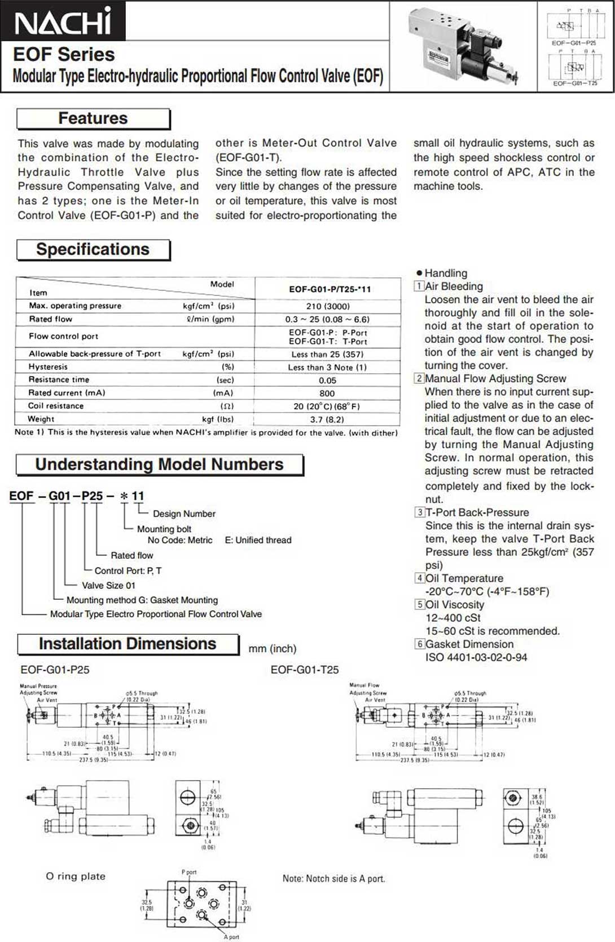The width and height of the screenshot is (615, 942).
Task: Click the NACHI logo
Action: tap(63, 22)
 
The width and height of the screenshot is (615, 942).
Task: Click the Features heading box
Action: tap(93, 118)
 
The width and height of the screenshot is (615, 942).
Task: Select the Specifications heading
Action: tap(93, 250)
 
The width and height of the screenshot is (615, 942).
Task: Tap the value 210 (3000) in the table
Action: tap(327, 306)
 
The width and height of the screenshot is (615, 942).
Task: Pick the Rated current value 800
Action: tap(327, 393)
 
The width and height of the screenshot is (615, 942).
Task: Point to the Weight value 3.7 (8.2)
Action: tap(327, 419)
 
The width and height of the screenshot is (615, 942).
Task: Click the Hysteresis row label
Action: tap(49, 367)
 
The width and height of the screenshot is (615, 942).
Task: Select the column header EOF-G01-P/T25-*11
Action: tap(330, 289)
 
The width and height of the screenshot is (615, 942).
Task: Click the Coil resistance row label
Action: tap(56, 406)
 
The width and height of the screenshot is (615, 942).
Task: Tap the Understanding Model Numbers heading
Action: tap(159, 465)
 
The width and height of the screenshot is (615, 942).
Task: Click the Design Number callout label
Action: tap(184, 514)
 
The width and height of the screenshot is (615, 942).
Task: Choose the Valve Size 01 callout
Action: tap(108, 585)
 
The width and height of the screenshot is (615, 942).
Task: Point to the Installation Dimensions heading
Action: tap(128, 644)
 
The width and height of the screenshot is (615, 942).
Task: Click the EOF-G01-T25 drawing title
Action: tap(305, 670)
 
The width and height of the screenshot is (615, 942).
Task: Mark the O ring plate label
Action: tap(76, 876)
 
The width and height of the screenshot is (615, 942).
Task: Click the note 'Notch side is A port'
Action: tap(333, 878)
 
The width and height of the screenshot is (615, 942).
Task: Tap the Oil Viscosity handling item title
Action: tap(455, 604)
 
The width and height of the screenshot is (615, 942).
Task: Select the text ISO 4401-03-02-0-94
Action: tap(476, 657)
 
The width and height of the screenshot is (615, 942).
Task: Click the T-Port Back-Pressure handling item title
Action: tap(477, 512)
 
